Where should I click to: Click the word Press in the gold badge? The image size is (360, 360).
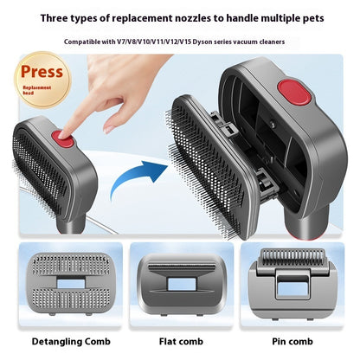(42, 72)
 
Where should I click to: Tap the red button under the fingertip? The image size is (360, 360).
(62, 138)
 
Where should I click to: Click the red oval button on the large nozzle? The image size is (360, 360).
(294, 92)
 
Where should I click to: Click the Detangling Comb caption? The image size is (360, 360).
(71, 342)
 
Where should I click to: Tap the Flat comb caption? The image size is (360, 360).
(181, 342)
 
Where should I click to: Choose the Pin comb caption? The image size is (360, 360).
(292, 342)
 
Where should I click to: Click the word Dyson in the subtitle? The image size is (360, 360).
(200, 42)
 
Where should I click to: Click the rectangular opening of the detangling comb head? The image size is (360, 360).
(71, 284)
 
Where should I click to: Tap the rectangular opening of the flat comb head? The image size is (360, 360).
(182, 284)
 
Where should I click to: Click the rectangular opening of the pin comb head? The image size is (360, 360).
(293, 288)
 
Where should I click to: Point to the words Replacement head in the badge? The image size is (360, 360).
(36, 90)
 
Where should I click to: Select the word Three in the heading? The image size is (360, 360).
(55, 18)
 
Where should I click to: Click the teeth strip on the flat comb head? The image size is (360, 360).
(182, 267)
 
